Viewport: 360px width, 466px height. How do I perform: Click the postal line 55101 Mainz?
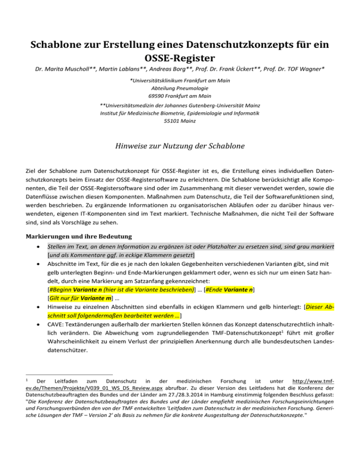tap(180, 120)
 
